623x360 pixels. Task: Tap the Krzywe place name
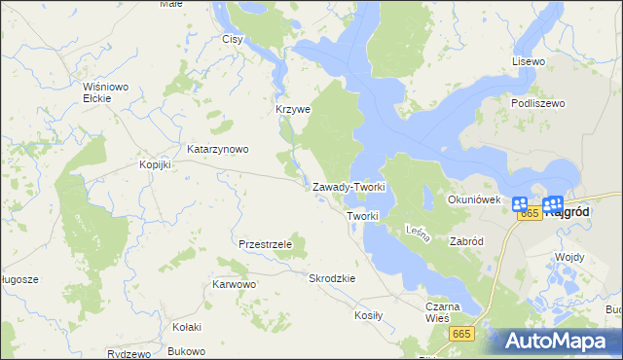[292, 110]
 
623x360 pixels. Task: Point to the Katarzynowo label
[218, 150]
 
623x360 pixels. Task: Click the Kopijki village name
[155, 164]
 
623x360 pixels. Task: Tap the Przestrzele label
[265, 244]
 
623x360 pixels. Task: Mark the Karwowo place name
[234, 285]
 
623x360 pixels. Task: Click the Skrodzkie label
[332, 278]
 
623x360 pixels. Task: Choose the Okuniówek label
[473, 199]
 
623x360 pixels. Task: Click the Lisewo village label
[530, 61]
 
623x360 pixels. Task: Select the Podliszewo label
[537, 102]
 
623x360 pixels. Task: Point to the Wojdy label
[568, 257]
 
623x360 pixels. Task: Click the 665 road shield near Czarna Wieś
[462, 334]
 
